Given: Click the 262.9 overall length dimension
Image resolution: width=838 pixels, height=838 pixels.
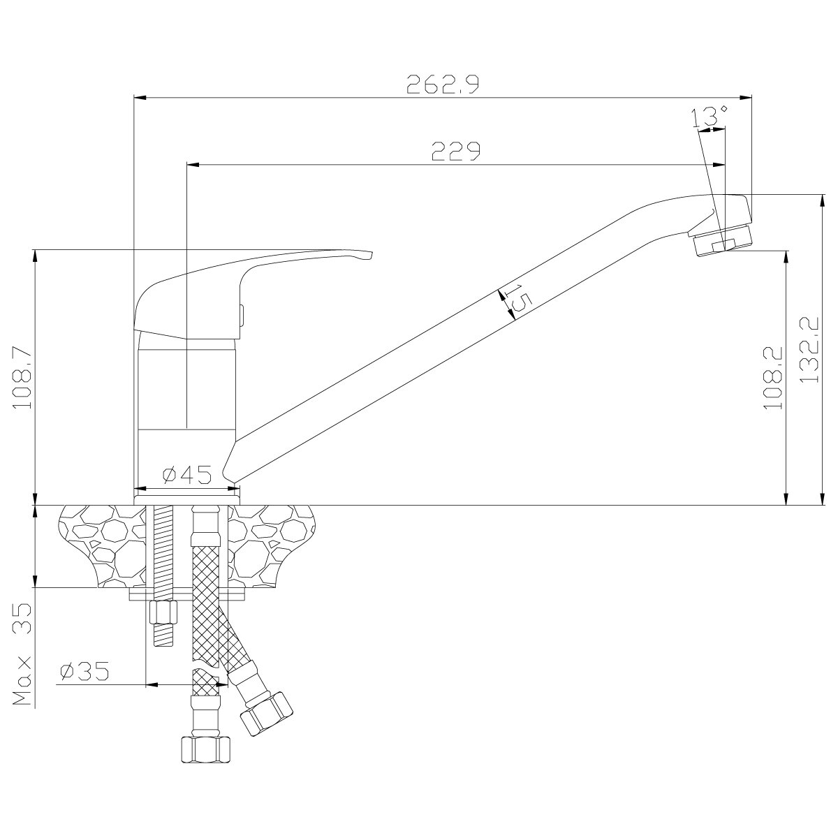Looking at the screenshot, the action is [x=443, y=84].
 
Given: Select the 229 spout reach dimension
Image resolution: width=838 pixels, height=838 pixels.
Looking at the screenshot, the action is [x=456, y=151].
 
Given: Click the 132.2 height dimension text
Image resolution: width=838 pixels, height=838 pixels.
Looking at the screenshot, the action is [x=809, y=350].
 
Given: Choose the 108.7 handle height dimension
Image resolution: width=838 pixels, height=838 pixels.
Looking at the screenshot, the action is [x=23, y=376].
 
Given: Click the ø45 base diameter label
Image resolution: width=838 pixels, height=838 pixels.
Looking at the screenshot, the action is [x=187, y=474].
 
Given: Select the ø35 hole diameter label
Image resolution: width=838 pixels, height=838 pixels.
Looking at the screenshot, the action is [x=84, y=671].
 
